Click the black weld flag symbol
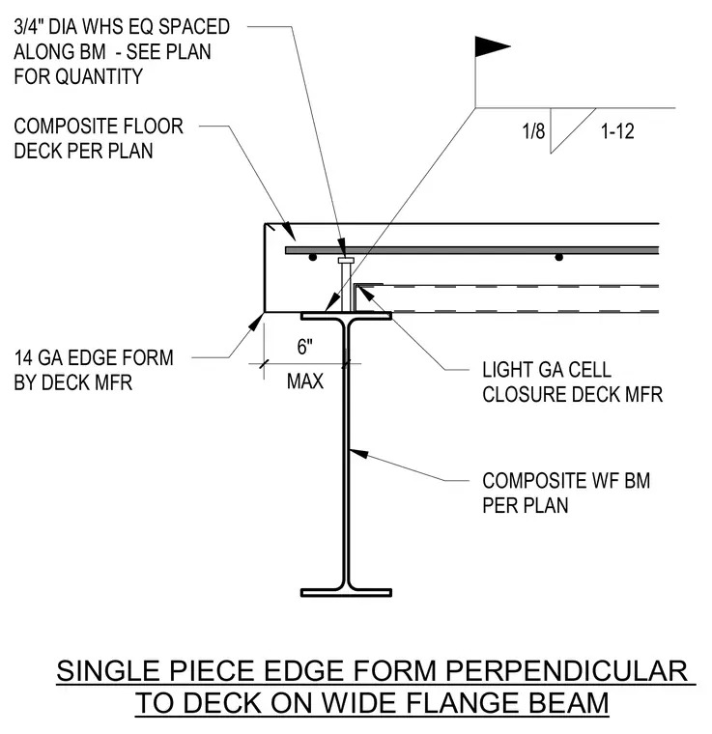tap(490, 46)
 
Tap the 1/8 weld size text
tap(533, 131)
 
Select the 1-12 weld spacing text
tap(617, 131)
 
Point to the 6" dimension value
tap(304, 347)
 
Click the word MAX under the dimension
tap(305, 381)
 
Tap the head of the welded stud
tap(346, 260)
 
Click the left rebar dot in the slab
tap(313, 257)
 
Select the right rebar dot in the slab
tap(558, 257)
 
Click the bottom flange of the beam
tap(346, 593)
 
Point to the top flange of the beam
tap(346, 317)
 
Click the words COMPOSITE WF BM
tap(566, 481)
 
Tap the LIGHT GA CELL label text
tap(547, 369)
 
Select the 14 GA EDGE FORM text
tap(94, 357)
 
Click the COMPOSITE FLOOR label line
tap(99, 127)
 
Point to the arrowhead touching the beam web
tap(359, 453)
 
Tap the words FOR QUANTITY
tap(78, 76)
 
